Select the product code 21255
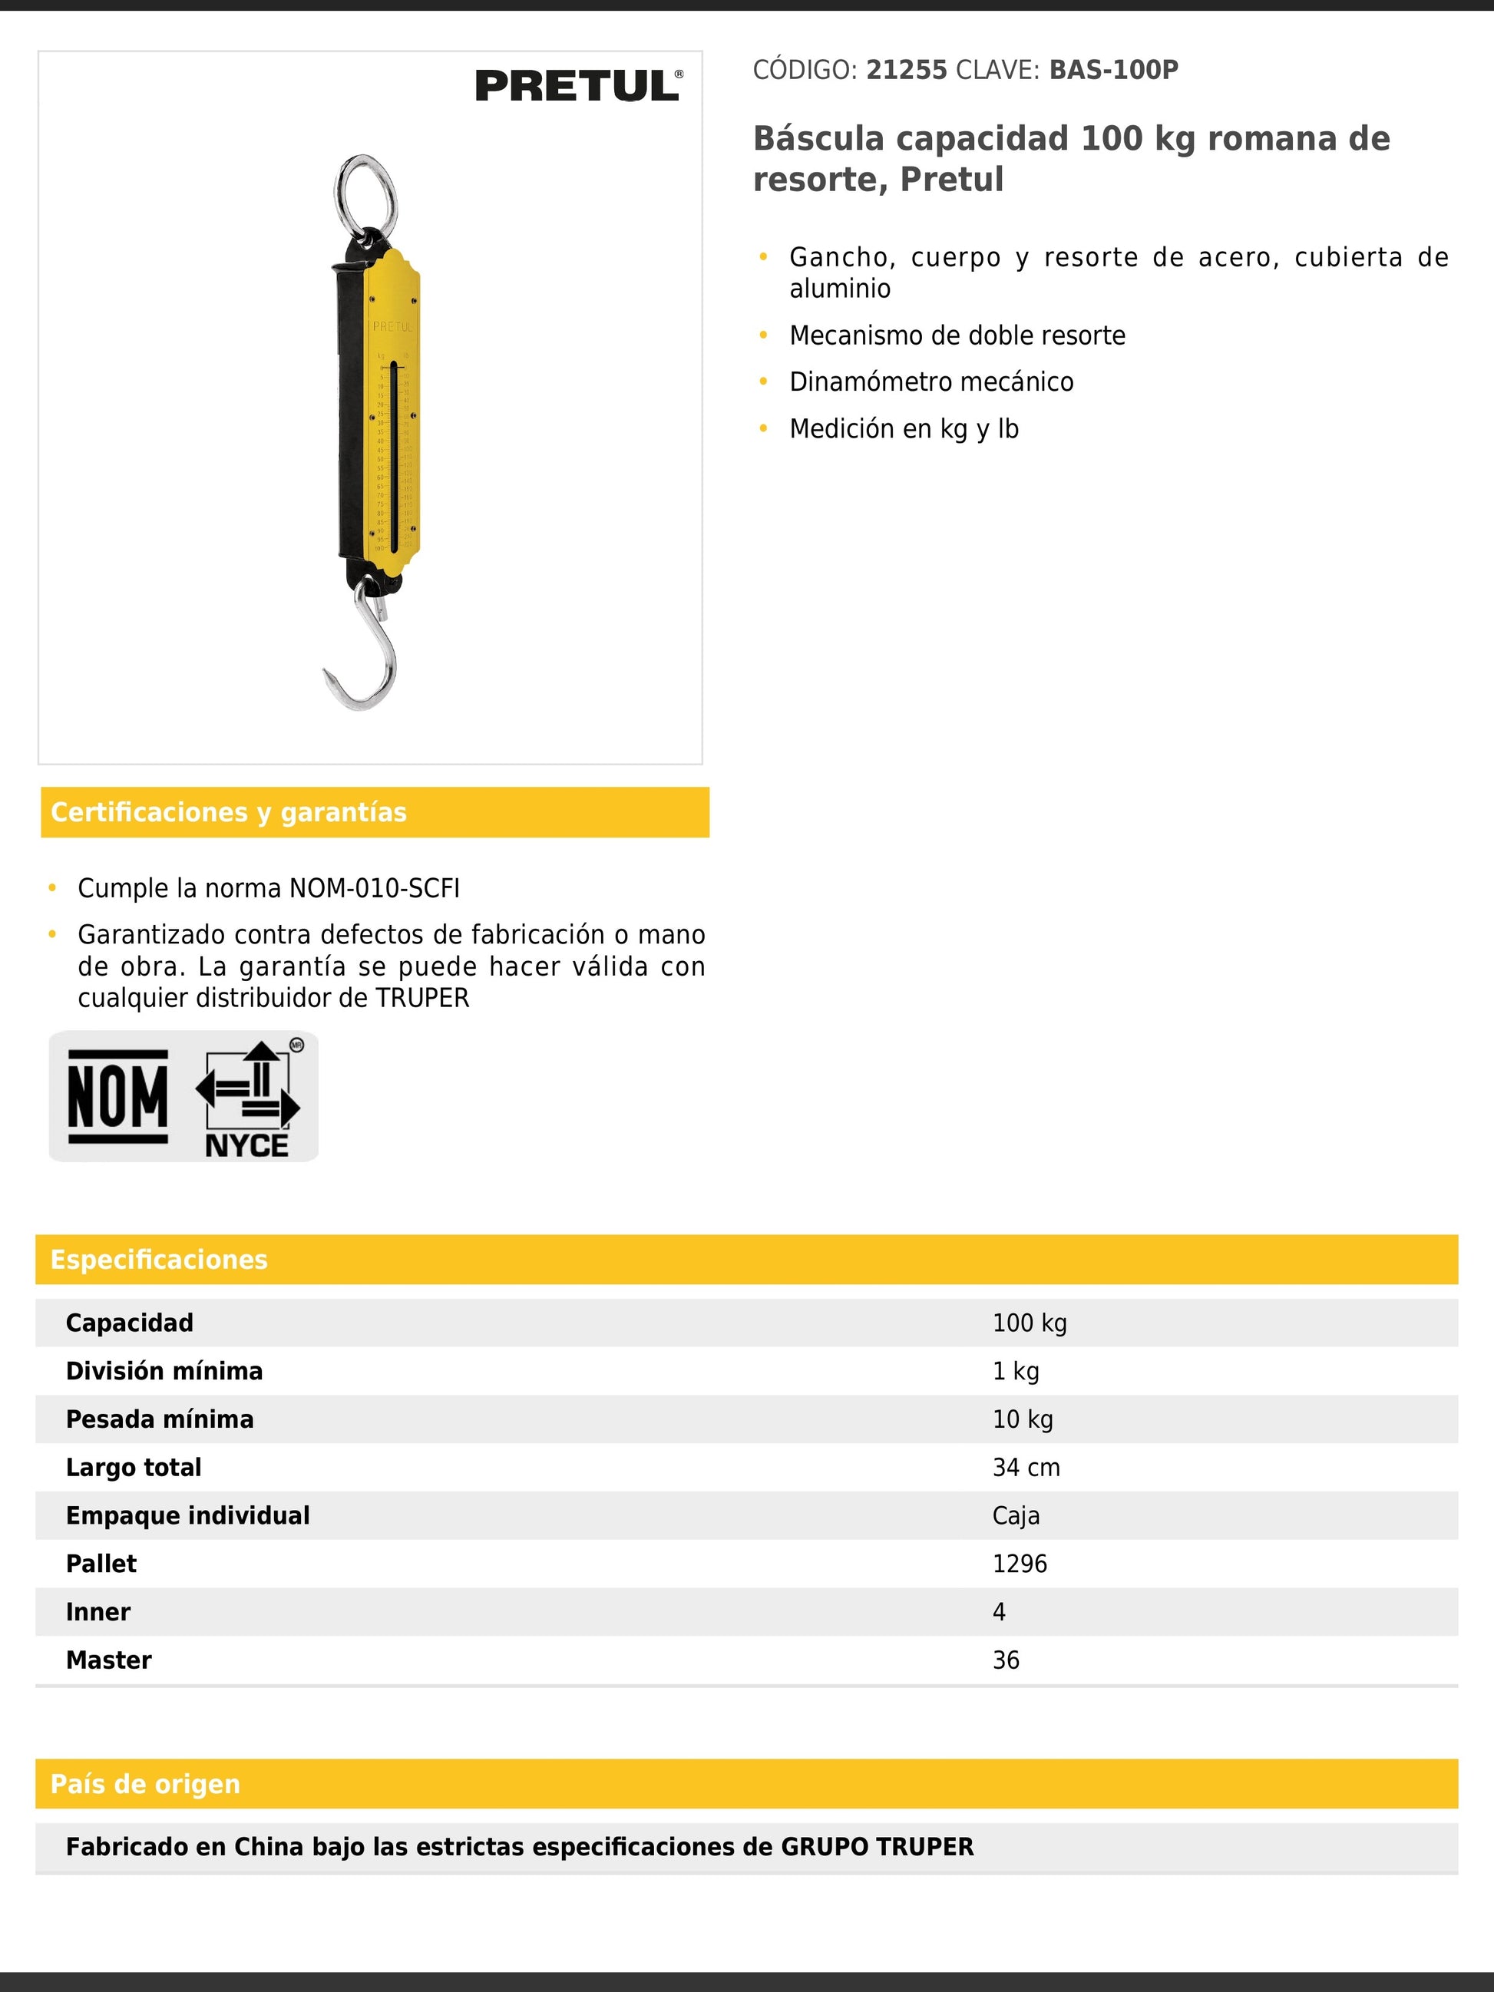point(906,71)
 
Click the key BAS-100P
point(1113,71)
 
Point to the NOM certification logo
point(118,1096)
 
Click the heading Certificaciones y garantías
point(229,812)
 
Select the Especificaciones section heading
point(160,1259)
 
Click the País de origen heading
point(146,1783)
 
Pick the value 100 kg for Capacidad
point(1030,1323)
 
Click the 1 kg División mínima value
point(1016,1372)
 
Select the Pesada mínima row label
point(160,1419)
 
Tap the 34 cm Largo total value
point(1026,1468)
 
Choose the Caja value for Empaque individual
point(1016,1515)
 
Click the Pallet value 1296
point(1020,1564)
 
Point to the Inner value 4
point(999,1612)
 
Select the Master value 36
point(1006,1660)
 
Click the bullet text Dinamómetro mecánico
point(931,382)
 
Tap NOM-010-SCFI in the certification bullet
point(374,888)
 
